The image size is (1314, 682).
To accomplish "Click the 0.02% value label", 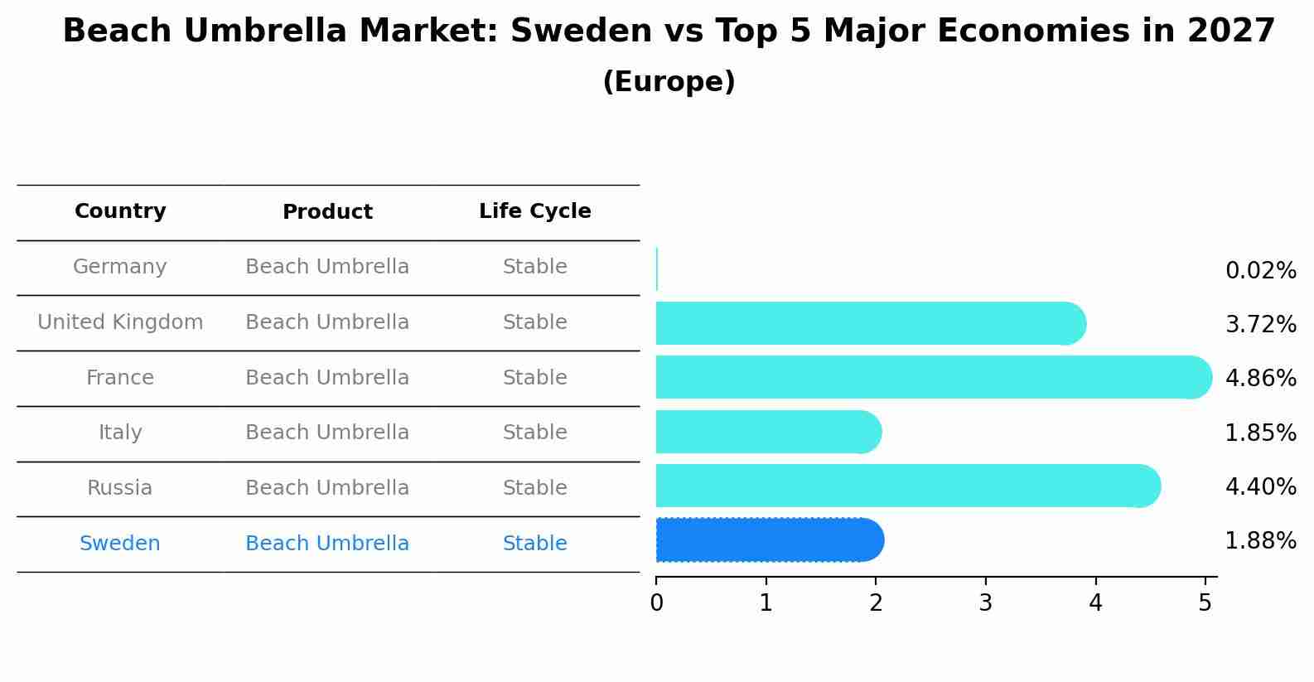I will [1260, 271].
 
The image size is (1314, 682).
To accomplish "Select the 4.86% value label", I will [1260, 379].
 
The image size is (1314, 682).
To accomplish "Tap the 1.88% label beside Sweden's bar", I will [1260, 541].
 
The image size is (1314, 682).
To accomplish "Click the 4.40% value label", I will [1260, 486].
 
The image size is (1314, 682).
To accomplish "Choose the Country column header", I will [120, 211].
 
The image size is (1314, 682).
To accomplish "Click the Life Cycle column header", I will [534, 211].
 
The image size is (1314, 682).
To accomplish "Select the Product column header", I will [327, 212].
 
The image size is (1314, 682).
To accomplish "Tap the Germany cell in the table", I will [120, 267].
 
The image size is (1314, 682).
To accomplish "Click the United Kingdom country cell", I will [120, 322].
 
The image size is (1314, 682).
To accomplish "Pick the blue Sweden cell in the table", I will [120, 544].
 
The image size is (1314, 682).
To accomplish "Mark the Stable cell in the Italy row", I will [534, 433].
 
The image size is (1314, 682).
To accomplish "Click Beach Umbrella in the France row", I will [327, 378].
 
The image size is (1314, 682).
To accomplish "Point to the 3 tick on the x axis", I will [985, 603].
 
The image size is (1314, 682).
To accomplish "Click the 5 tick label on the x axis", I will [1205, 603].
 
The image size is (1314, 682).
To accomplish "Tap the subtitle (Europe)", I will [669, 82].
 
